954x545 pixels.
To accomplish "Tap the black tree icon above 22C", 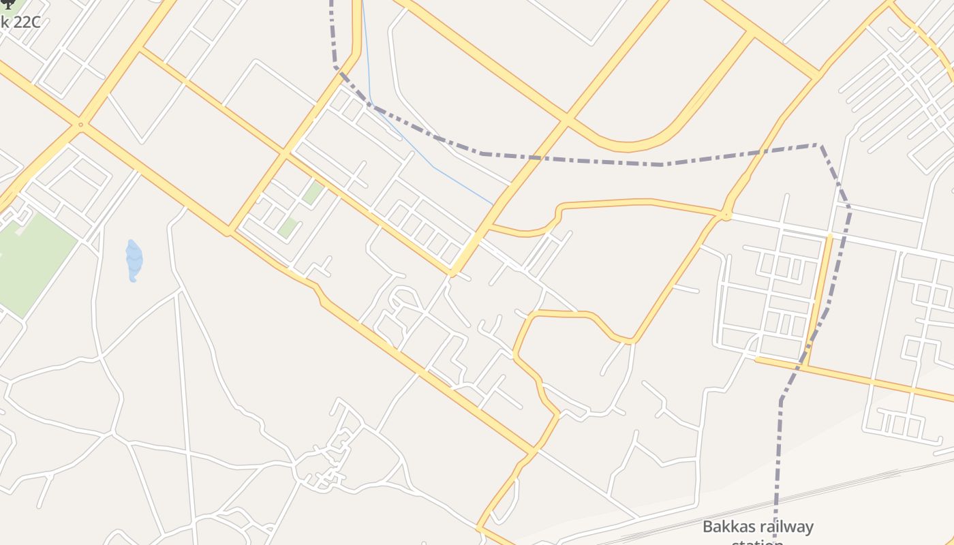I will [x=8, y=4].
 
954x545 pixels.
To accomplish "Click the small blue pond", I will [x=134, y=260].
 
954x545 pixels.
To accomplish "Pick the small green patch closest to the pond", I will [x=288, y=228].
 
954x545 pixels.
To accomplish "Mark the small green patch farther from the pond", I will [x=313, y=192].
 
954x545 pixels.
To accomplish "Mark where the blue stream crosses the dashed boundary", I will [x=371, y=104].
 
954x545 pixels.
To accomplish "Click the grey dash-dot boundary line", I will [x=579, y=161].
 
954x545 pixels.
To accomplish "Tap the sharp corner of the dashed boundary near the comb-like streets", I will [x=820, y=144].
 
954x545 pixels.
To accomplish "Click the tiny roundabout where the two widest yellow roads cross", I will [x=80, y=125].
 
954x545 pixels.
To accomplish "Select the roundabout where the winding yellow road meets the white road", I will [x=726, y=216].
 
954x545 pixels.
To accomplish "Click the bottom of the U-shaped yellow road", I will [x=627, y=146].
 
